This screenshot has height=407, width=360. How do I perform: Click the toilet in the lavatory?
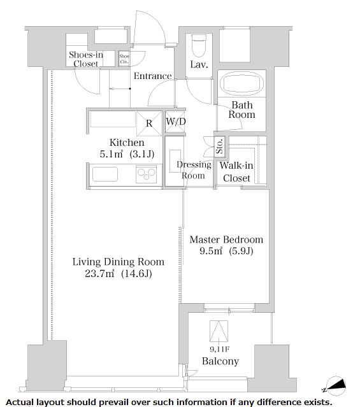pyautogui.click(x=199, y=45)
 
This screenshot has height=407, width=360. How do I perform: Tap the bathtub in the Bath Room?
pyautogui.click(x=241, y=83)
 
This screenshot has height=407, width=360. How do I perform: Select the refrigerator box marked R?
pyautogui.click(x=149, y=124)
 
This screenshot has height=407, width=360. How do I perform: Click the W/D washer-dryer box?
pyautogui.click(x=175, y=122)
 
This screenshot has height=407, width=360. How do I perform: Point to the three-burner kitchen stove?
pyautogui.click(x=147, y=175)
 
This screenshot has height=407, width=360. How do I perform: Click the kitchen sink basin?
pyautogui.click(x=105, y=174)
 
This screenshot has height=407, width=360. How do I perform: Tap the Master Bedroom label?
pyautogui.click(x=226, y=239)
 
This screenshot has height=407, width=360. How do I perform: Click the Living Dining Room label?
pyautogui.click(x=118, y=262)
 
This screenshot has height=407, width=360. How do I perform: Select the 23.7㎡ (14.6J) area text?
pyautogui.click(x=119, y=274)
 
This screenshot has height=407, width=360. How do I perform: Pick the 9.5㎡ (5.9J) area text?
pyautogui.click(x=226, y=251)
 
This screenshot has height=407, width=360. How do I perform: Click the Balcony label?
pyautogui.click(x=220, y=361)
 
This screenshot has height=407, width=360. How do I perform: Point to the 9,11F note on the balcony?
pyautogui.click(x=219, y=350)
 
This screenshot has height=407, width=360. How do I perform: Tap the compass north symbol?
pyautogui.click(x=336, y=386)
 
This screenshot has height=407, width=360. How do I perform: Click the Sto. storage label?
pyautogui.click(x=219, y=146)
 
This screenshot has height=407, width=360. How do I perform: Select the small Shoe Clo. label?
pyautogui.click(x=124, y=59)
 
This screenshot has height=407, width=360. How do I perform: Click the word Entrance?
pyautogui.click(x=153, y=76)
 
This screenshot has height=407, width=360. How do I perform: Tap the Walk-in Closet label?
pyautogui.click(x=236, y=172)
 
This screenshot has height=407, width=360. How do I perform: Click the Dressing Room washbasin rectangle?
pyautogui.click(x=175, y=161)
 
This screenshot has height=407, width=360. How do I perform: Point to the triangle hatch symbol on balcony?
pyautogui.click(x=219, y=331)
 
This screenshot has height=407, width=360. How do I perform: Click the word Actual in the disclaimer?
pyautogui.click(x=20, y=403)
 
